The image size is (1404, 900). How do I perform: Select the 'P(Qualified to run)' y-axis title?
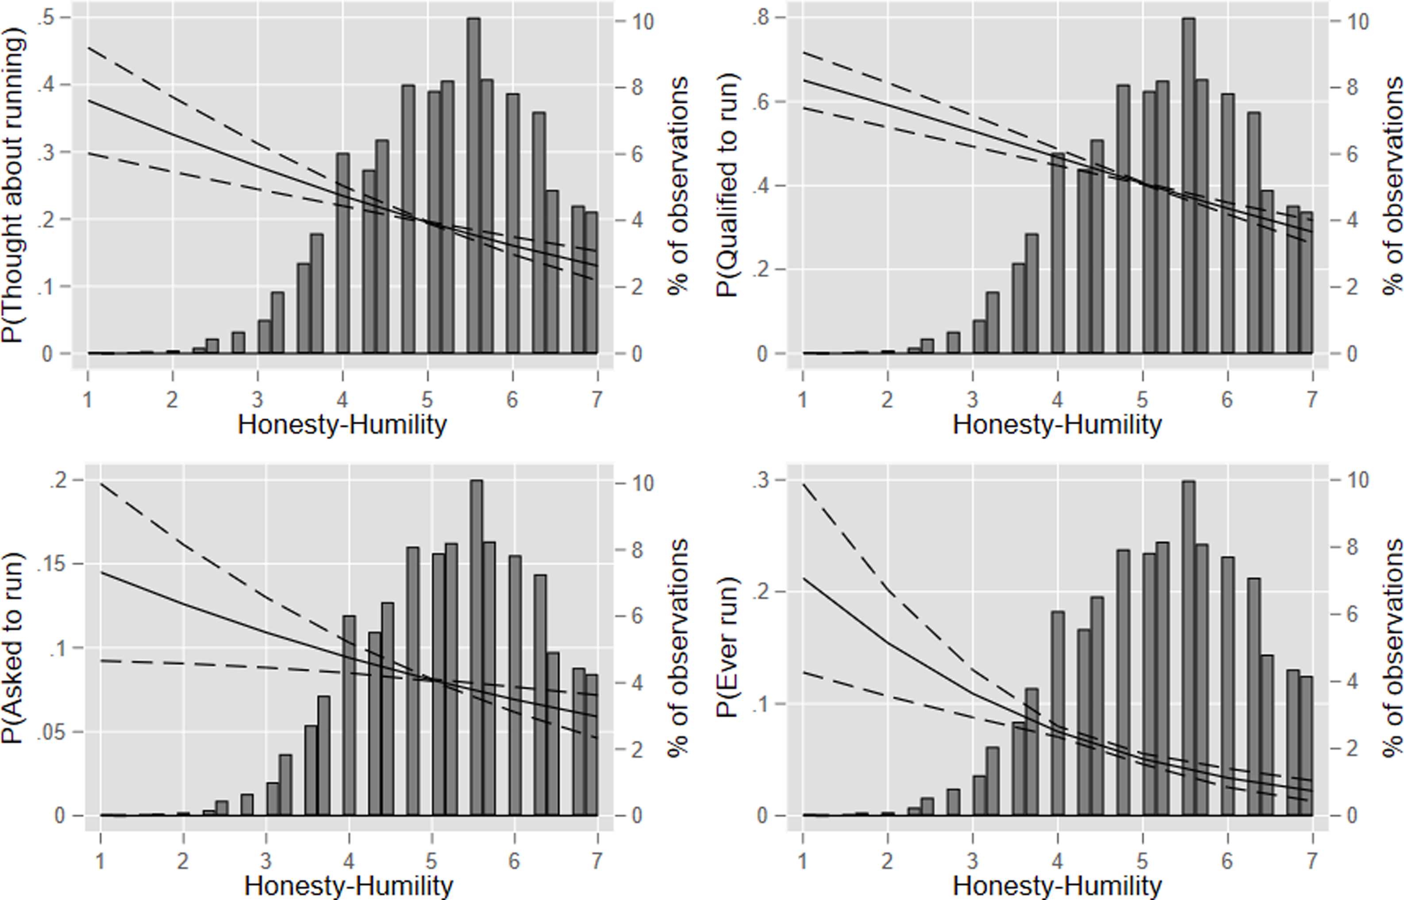[x=728, y=186]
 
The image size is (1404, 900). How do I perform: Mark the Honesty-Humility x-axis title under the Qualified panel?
[x=1057, y=425]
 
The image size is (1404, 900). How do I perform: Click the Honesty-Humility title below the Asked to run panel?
[x=349, y=886]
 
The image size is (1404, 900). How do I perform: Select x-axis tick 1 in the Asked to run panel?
[x=101, y=861]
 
